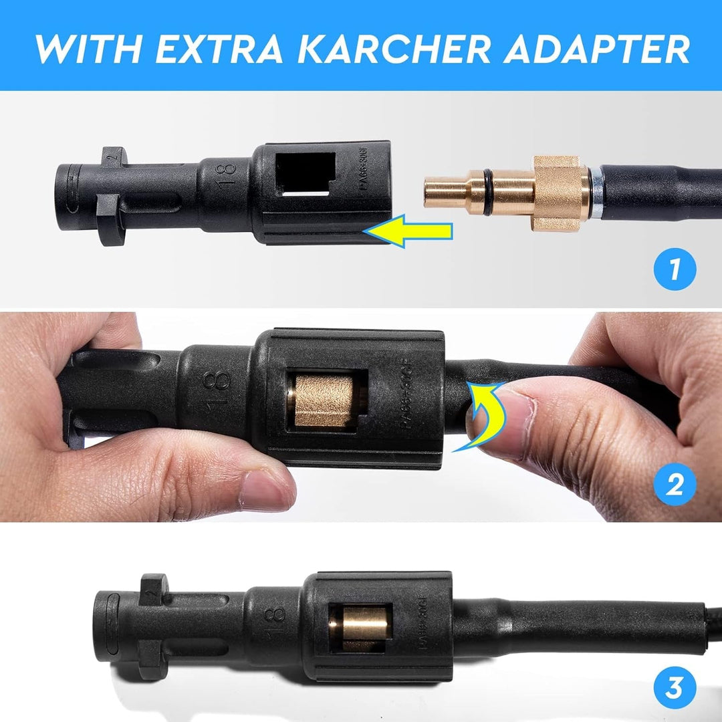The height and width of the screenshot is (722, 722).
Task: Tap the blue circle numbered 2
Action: pos(675,485)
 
